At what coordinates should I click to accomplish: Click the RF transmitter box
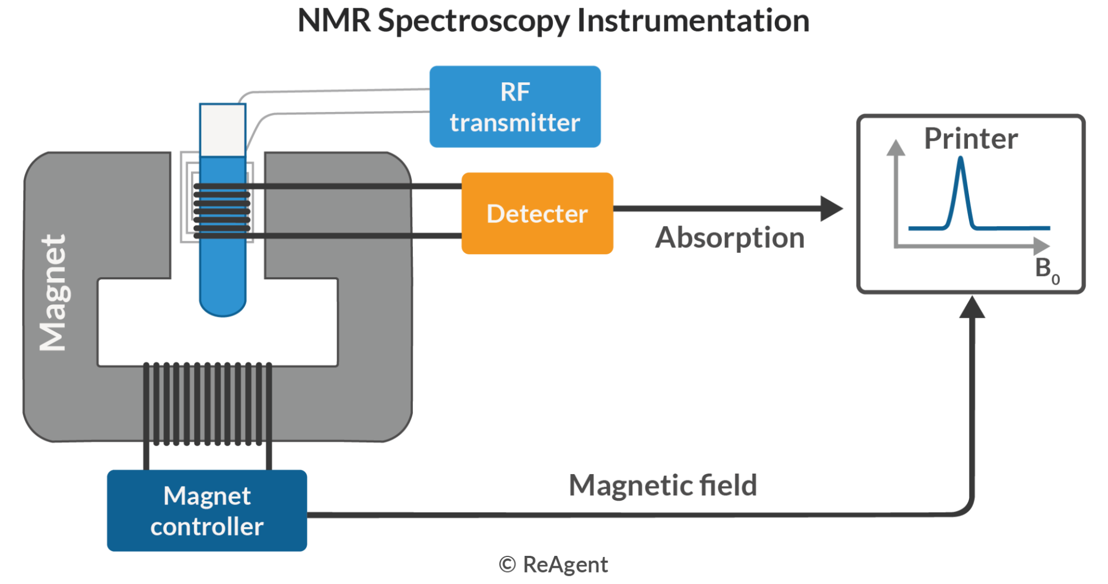click(x=515, y=107)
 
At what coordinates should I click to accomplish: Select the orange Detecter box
click(x=537, y=213)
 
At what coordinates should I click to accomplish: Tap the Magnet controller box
click(x=207, y=511)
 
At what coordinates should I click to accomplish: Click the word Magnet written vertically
click(x=54, y=293)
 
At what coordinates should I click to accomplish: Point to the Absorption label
click(x=729, y=238)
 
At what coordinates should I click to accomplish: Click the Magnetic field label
click(x=662, y=485)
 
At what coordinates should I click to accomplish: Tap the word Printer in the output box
click(x=971, y=139)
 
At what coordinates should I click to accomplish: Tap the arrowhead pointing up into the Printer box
click(x=972, y=307)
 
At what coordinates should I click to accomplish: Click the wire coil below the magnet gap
click(x=207, y=403)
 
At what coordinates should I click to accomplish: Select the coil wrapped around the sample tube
click(x=222, y=211)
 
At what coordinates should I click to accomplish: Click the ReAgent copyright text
click(x=553, y=565)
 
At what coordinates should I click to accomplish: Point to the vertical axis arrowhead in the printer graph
click(x=895, y=148)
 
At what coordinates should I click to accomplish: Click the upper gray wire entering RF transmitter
click(x=335, y=91)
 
